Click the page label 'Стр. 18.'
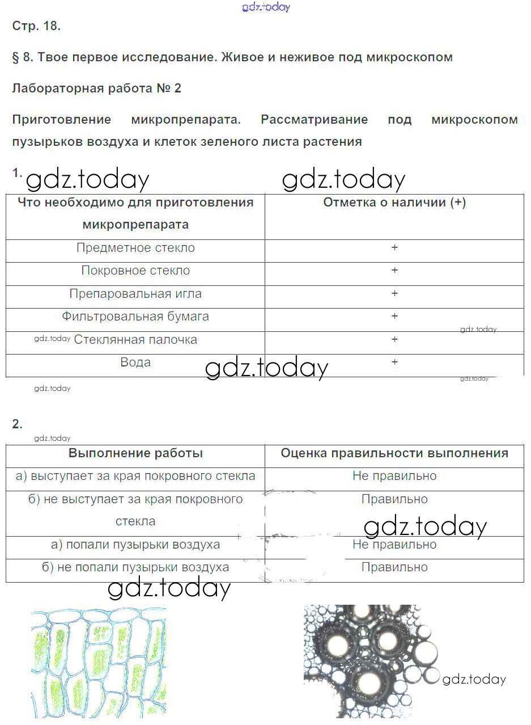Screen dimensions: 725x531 36,26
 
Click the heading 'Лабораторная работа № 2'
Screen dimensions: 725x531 96,88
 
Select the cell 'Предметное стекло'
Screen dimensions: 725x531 135,248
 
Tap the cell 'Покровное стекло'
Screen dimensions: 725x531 135,271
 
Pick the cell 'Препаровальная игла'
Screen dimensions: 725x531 135,294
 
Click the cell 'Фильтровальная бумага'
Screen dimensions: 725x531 135,317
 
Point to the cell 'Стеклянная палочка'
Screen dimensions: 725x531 135,340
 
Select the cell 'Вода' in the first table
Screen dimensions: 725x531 135,362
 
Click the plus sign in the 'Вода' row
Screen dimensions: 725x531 394,362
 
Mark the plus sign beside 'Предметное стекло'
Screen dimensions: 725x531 394,247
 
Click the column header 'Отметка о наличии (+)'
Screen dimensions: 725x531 394,203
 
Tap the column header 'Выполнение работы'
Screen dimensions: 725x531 135,453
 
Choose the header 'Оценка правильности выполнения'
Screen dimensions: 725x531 394,453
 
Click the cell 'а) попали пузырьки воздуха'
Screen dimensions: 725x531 135,545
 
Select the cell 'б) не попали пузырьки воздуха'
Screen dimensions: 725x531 135,567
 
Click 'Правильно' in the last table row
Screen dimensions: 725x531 394,567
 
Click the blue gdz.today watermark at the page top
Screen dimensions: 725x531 266,7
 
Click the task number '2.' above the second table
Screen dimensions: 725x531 17,424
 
